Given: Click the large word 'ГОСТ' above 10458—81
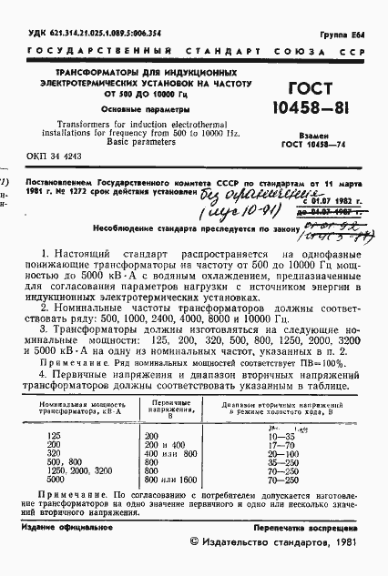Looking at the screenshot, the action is pos(296,88).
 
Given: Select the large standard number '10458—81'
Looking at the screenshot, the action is pos(297,110).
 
